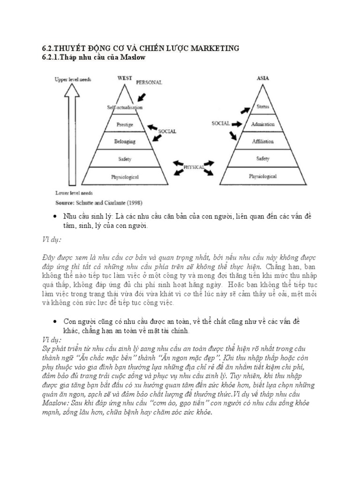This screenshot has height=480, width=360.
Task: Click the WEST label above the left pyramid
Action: click(124, 78)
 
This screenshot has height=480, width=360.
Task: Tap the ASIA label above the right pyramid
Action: click(262, 78)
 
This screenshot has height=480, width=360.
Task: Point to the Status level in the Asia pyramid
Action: click(262, 107)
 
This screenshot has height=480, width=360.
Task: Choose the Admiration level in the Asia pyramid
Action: click(262, 124)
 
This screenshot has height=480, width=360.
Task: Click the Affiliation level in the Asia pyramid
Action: click(262, 141)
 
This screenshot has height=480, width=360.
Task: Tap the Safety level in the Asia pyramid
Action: click(262, 159)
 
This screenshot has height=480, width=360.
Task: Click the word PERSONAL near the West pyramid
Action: click(149, 82)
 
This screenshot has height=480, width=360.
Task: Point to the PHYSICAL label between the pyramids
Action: click(194, 166)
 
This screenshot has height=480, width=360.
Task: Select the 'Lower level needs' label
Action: click(73, 193)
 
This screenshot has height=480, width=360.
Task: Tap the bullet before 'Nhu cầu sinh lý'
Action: click(56, 217)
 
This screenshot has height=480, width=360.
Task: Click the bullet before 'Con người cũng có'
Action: click(56, 322)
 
